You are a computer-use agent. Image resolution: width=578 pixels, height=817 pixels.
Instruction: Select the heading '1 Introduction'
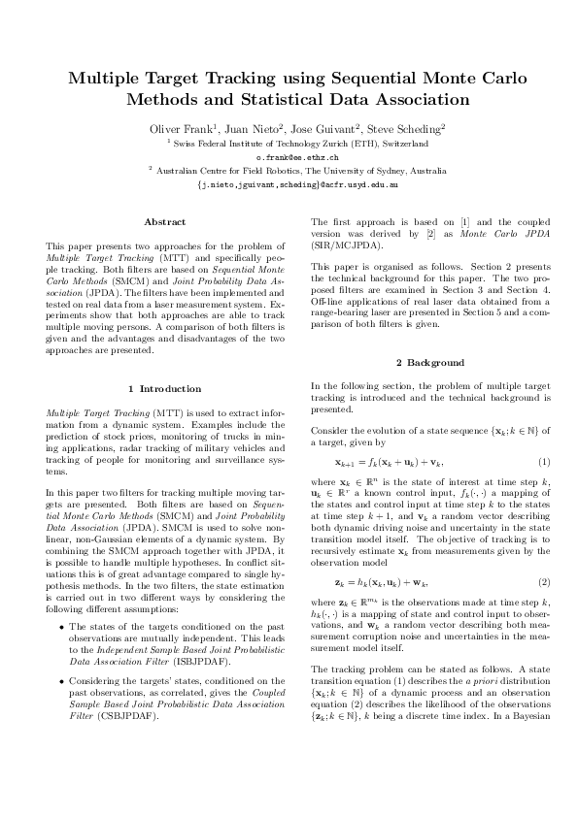coord(164,389)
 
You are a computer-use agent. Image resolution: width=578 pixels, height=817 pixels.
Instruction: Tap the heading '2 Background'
coord(421,363)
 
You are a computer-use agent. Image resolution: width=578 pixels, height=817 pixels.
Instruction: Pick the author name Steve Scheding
coord(405,128)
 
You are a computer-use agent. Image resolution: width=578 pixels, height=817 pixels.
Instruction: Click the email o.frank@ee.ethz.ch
coord(296,155)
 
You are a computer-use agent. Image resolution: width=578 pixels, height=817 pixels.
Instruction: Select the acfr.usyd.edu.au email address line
coord(296,182)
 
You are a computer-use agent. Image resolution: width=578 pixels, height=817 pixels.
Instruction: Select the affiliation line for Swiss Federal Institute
coord(300,143)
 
